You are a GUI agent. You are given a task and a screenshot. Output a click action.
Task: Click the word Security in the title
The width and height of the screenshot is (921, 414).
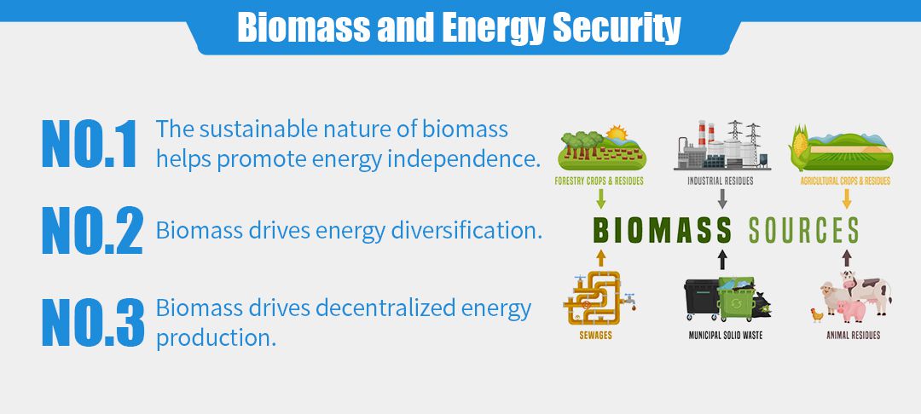[617, 27]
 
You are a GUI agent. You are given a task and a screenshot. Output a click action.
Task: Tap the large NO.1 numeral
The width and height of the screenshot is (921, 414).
[90, 144]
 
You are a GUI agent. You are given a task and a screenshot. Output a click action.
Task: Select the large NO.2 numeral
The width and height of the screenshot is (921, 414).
[92, 230]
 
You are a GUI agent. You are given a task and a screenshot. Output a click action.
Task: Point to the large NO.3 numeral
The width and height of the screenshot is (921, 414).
[93, 322]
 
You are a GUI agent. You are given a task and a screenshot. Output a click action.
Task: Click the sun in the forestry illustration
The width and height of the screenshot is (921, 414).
[617, 134]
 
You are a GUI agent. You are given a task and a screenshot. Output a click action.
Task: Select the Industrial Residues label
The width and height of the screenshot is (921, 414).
[720, 181]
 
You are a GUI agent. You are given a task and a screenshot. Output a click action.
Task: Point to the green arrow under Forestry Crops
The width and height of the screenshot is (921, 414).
[600, 199]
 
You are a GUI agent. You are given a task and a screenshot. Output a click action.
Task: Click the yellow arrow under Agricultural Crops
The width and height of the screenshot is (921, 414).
[847, 199]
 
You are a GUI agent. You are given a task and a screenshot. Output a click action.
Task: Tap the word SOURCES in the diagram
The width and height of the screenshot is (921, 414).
[803, 231]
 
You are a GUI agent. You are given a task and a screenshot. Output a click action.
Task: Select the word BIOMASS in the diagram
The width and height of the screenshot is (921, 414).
[662, 231]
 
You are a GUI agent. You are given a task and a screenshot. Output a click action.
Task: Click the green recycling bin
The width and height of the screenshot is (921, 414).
[737, 299]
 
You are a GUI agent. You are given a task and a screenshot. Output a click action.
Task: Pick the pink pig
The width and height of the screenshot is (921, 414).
[851, 310]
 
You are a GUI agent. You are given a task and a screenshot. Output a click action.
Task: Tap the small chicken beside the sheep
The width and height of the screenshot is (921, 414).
[817, 315]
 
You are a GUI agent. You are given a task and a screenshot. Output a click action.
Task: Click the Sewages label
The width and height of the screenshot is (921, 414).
[595, 336]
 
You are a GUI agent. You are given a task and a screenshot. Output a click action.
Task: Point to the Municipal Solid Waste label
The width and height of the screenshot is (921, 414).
[726, 336]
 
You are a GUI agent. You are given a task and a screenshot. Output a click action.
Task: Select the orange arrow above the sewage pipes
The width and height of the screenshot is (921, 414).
[600, 259]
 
